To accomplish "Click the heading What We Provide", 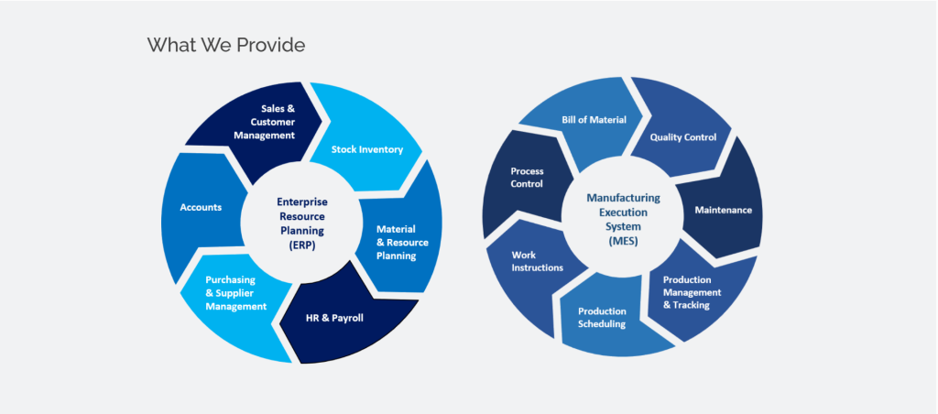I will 226,45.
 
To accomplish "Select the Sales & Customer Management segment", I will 264,121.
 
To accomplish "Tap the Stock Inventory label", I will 366,149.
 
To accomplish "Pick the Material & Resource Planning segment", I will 397,242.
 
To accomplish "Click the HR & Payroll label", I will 334,319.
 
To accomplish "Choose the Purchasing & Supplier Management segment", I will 231,293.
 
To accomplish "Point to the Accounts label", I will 201,207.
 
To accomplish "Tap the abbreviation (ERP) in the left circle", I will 302,245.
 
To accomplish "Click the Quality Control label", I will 682,137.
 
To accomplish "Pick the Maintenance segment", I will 723,210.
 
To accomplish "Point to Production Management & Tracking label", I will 692,292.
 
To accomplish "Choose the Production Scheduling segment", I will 602,317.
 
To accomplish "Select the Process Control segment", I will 527,177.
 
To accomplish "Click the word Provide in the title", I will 271,45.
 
